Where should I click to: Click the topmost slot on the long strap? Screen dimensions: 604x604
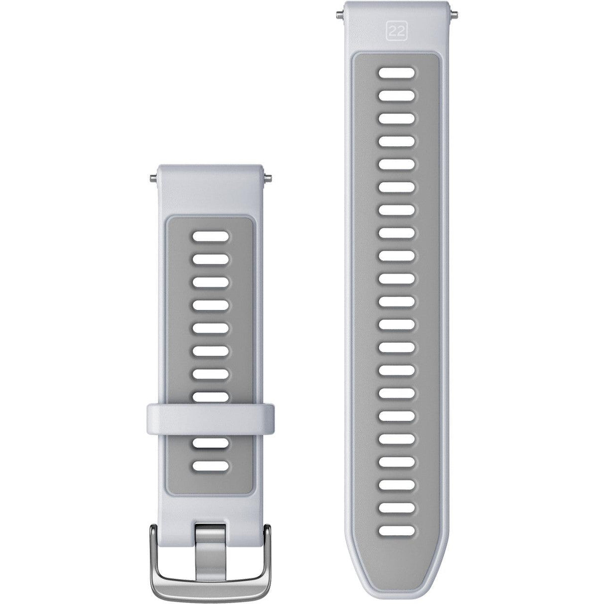point(397,73)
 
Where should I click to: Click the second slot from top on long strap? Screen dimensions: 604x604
point(397,96)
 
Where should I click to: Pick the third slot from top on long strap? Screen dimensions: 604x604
point(397,119)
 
